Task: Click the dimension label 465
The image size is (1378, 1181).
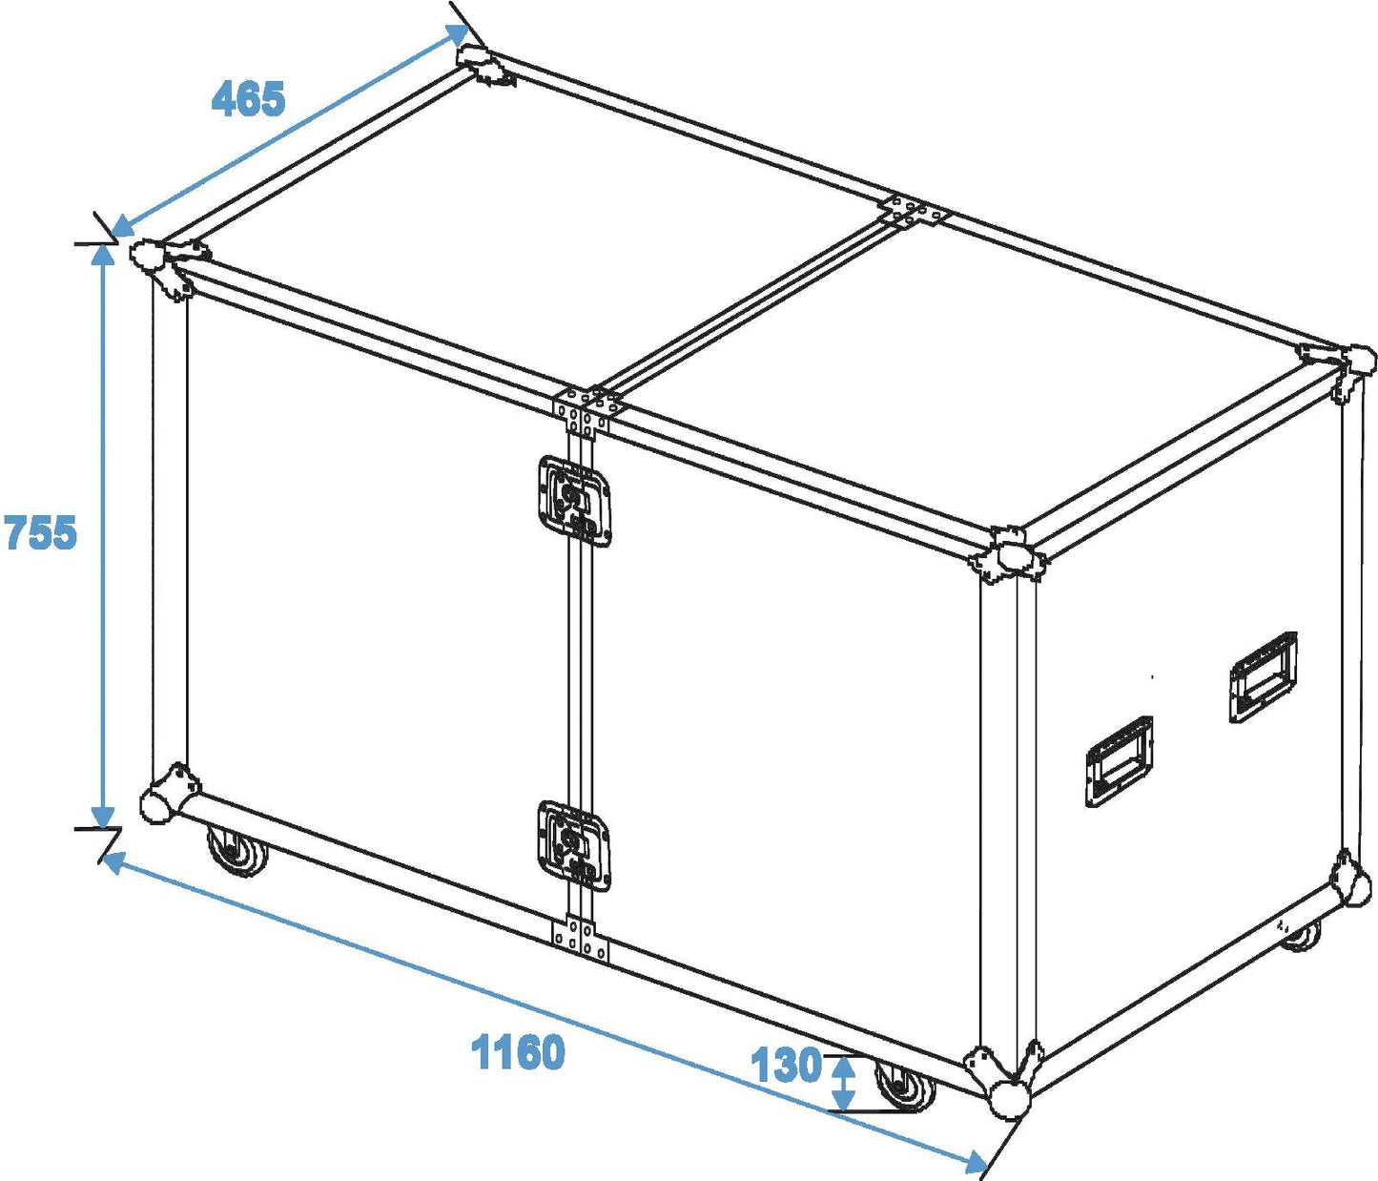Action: coord(248,98)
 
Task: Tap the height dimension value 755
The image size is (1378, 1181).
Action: coord(40,532)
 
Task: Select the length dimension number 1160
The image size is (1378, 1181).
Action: coord(518,1051)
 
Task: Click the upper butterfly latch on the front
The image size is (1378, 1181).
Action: coord(574,500)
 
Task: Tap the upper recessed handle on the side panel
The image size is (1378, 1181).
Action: coord(1263,676)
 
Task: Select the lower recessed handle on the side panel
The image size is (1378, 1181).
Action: coord(1120,761)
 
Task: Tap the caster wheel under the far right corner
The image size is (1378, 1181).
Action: coord(1301,936)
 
